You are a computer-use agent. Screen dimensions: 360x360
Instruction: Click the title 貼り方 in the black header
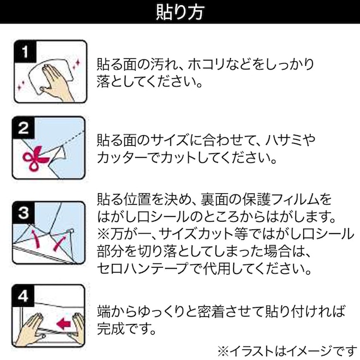[179, 12]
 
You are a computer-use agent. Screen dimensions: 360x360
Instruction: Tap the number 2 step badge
[23, 129]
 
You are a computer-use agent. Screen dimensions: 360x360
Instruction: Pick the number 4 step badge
[23, 295]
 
